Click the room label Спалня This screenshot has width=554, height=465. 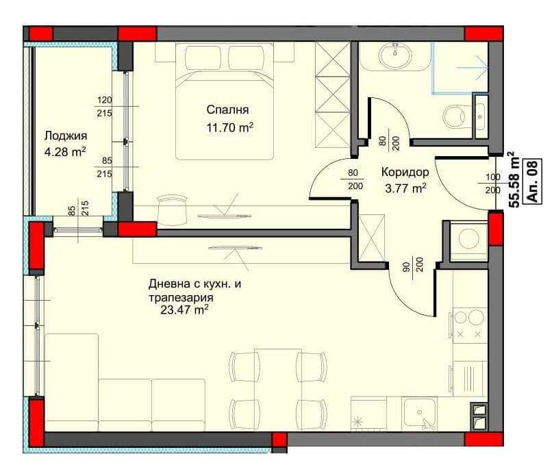227,110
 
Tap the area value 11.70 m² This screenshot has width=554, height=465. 229,127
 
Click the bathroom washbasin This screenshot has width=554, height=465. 394,55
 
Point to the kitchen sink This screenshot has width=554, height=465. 419,413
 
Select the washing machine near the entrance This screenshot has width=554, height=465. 468,240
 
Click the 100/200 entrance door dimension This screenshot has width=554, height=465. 492,184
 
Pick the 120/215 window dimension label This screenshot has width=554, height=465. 104,107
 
